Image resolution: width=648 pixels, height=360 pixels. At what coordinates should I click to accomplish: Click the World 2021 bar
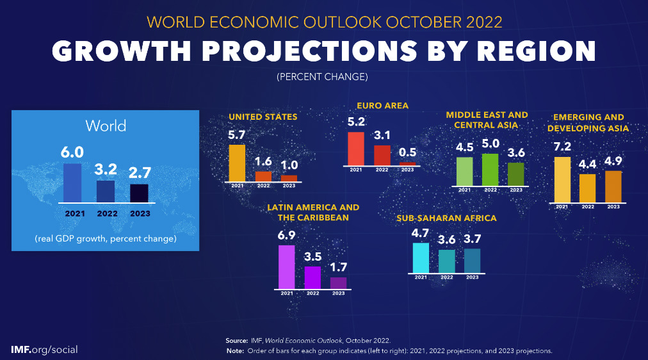click(72, 183)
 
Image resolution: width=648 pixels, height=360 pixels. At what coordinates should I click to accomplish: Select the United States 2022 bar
click(263, 176)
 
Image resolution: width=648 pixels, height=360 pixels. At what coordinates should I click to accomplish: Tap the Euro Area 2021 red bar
click(356, 148)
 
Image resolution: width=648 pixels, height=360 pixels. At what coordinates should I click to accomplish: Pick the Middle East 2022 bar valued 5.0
click(490, 169)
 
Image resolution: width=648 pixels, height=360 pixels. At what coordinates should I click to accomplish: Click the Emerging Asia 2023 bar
click(613, 186)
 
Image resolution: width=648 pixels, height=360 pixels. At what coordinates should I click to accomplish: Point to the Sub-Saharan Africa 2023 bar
click(472, 260)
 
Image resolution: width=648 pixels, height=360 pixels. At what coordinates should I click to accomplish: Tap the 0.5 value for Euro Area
click(408, 153)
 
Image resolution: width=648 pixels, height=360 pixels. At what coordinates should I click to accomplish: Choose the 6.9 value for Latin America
click(287, 235)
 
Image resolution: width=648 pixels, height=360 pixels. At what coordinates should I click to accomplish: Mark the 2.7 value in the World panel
click(139, 174)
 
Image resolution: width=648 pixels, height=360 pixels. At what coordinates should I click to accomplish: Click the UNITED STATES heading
click(263, 117)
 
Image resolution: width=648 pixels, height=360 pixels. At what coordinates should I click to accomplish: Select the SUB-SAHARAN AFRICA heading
click(446, 218)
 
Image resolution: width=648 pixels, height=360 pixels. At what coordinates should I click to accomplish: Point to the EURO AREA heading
click(382, 106)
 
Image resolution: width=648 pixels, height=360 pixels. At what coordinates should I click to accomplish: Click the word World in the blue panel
click(106, 125)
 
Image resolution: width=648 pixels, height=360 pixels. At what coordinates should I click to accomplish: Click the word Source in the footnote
click(236, 340)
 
